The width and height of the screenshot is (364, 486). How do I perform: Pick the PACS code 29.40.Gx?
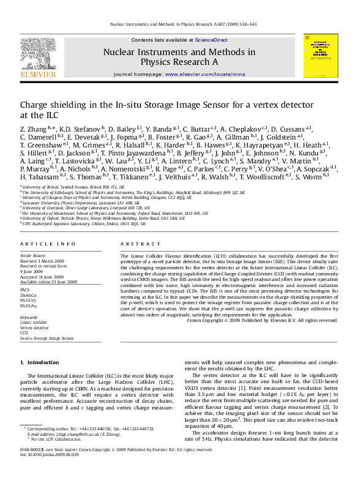pyautogui.click(x=29, y=296)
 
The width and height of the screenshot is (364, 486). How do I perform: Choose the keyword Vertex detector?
pyautogui.click(x=35, y=328)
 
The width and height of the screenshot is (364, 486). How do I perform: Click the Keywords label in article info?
pyautogui.click(x=29, y=318)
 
